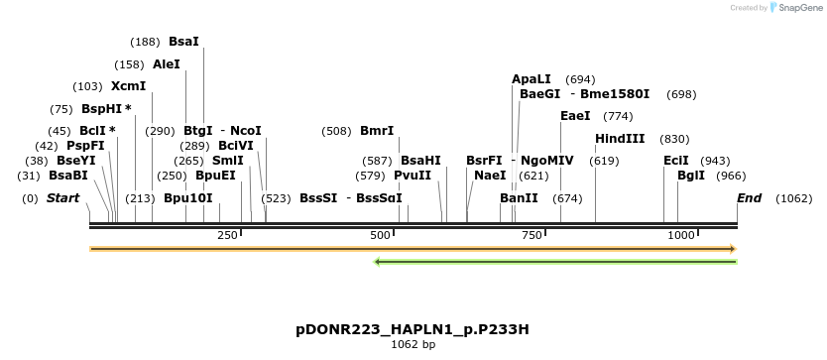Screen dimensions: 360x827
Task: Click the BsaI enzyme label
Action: pyautogui.click(x=183, y=42)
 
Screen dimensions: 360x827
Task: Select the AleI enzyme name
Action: pyautogui.click(x=167, y=64)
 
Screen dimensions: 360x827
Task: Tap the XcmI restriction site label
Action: pyautogui.click(x=129, y=86)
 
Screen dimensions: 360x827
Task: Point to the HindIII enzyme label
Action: pyautogui.click(x=620, y=139)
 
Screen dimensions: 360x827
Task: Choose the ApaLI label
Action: pyautogui.click(x=531, y=79)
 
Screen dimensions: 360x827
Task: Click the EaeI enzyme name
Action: pyautogui.click(x=575, y=116)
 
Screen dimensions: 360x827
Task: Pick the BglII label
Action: pyautogui.click(x=691, y=176)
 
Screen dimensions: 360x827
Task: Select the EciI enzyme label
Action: pyautogui.click(x=675, y=161)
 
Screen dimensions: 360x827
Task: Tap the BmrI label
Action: pyautogui.click(x=377, y=131)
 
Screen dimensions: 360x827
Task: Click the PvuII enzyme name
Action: pyautogui.click(x=413, y=176)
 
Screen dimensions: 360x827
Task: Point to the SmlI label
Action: pyautogui.click(x=228, y=161)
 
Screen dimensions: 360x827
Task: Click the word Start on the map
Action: pyautogui.click(x=62, y=198)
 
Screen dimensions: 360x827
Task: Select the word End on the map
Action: pyautogui.click(x=749, y=198)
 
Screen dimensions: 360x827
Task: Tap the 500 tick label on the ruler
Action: pyautogui.click(x=380, y=235)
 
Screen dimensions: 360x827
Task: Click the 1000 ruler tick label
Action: pyautogui.click(x=681, y=235)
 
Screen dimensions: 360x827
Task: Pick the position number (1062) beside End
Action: pyautogui.click(x=793, y=198)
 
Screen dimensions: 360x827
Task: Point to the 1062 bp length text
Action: pyautogui.click(x=413, y=345)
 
